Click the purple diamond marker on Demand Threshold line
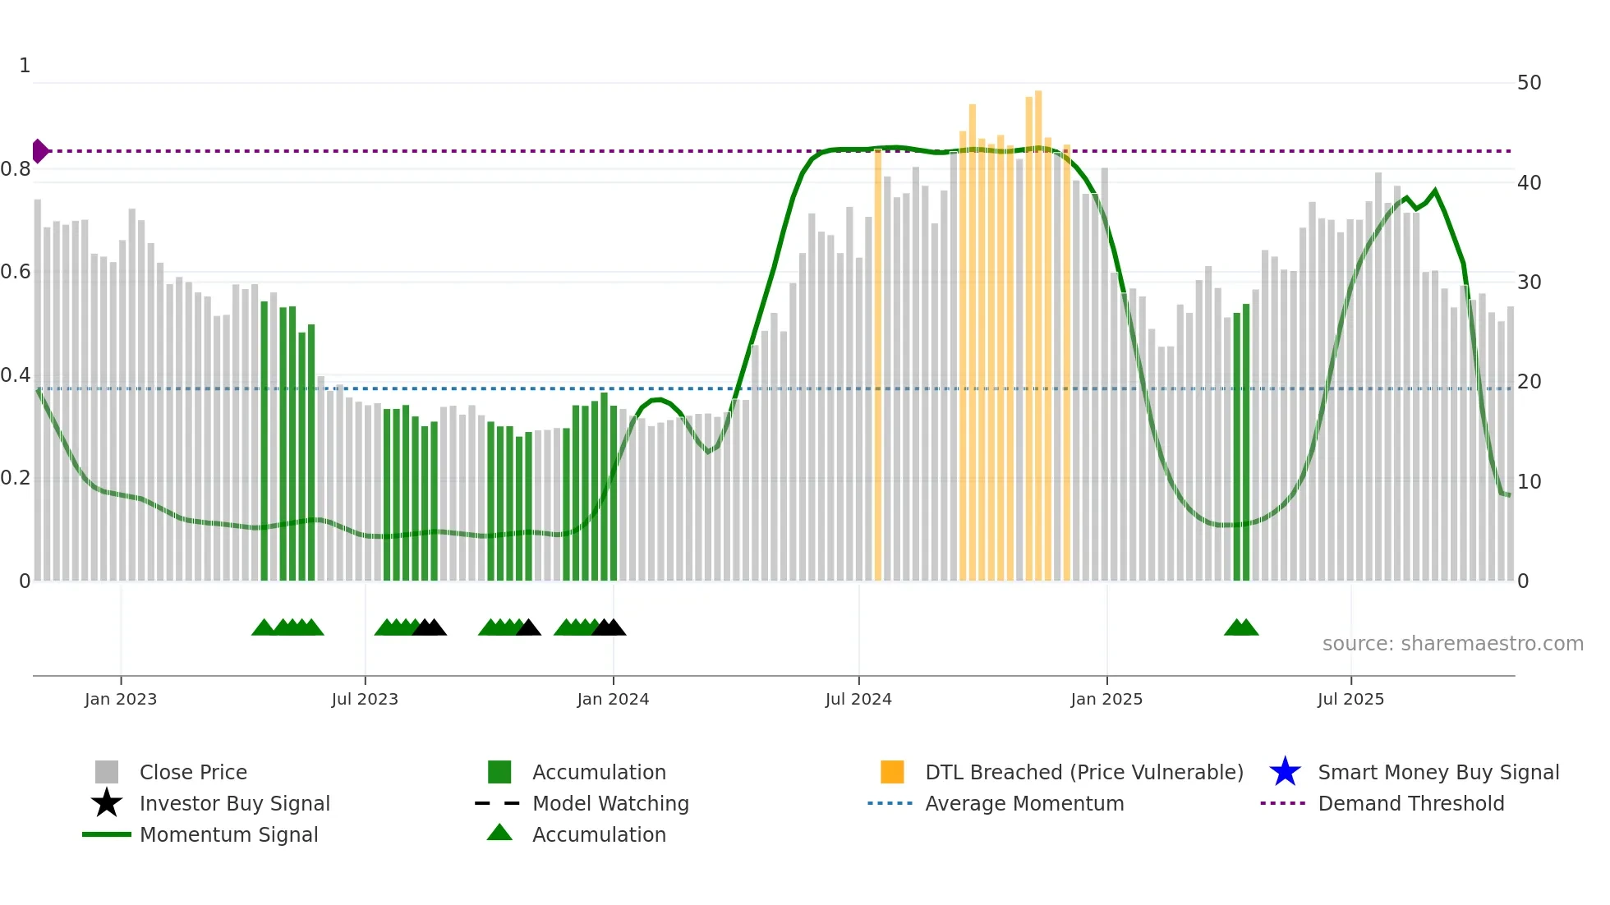pos(39,151)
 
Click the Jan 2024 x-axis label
pos(613,699)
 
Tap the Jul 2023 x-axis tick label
pos(365,699)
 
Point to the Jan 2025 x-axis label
pos(1106,699)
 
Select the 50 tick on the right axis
pos(1529,83)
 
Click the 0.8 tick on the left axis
pos(16,169)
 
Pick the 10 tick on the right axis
pos(1529,481)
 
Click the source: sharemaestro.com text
pos(1452,644)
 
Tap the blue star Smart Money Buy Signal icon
pos(1285,772)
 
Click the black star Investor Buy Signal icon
pos(107,803)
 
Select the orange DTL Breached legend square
pos(892,772)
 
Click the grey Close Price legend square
pos(107,772)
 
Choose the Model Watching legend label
pos(610,803)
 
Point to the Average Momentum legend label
pos(1024,803)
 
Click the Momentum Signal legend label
pos(228,834)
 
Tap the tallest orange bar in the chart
pos(1038,328)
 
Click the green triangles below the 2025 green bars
pos(1241,627)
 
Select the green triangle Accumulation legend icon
pos(499,833)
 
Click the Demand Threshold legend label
pos(1410,803)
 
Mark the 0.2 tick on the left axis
pos(16,478)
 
